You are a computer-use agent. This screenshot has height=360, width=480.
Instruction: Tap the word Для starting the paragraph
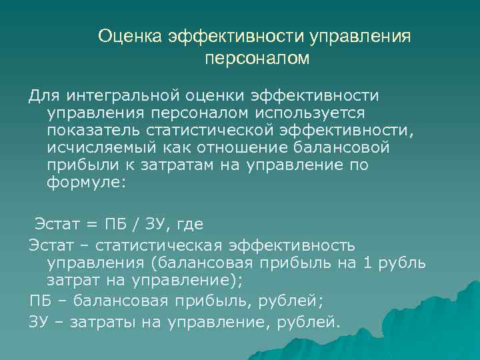43,96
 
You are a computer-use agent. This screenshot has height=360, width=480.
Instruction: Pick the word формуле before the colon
83,183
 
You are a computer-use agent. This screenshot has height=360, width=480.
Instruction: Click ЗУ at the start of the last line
39,323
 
